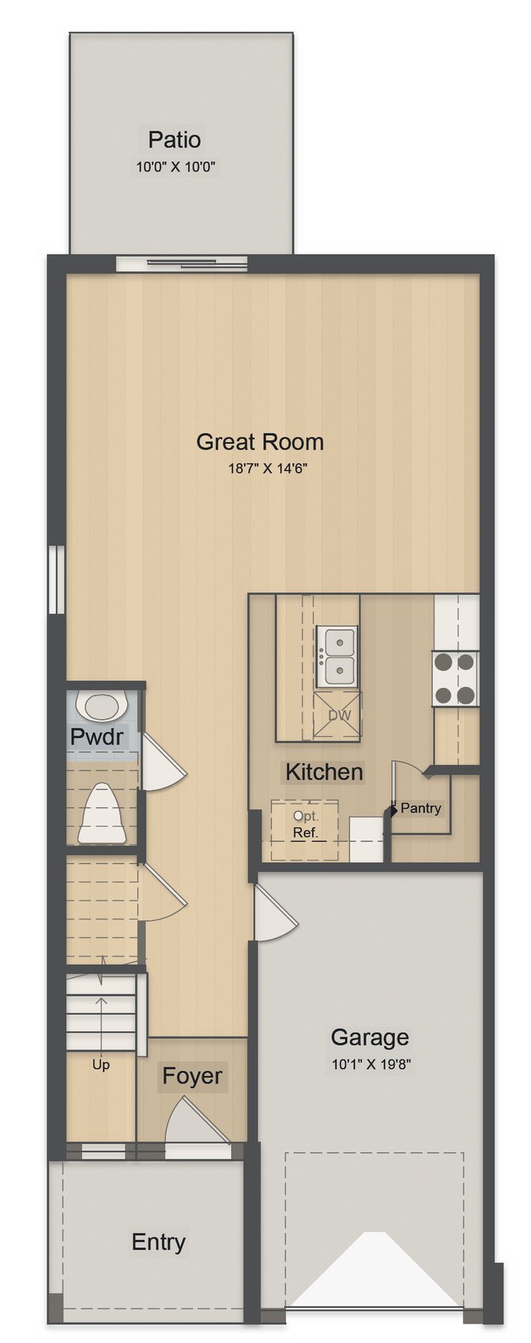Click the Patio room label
pos(174,140)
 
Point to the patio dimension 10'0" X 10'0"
pos(176,167)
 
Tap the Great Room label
pos(260,442)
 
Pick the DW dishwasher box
pos(338,716)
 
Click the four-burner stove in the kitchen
pos(455,678)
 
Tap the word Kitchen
pos(324,771)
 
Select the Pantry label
pos(420,808)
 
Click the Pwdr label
pos(96,737)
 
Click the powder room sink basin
pos(101,707)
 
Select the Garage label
pos(370,1037)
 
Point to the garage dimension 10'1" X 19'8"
pos(371,1064)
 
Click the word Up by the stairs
pos(101,1065)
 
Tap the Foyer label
pos(192,1076)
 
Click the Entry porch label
pos(158,1242)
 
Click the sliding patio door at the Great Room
pos(181,263)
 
